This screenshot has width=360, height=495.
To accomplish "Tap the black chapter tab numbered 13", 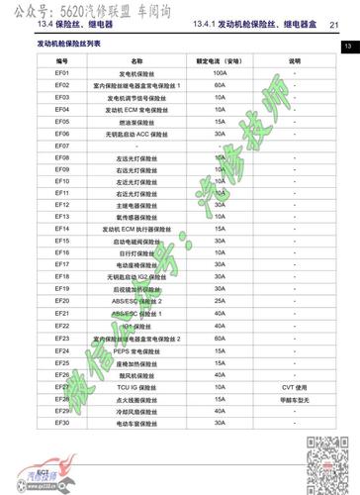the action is [349, 47].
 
